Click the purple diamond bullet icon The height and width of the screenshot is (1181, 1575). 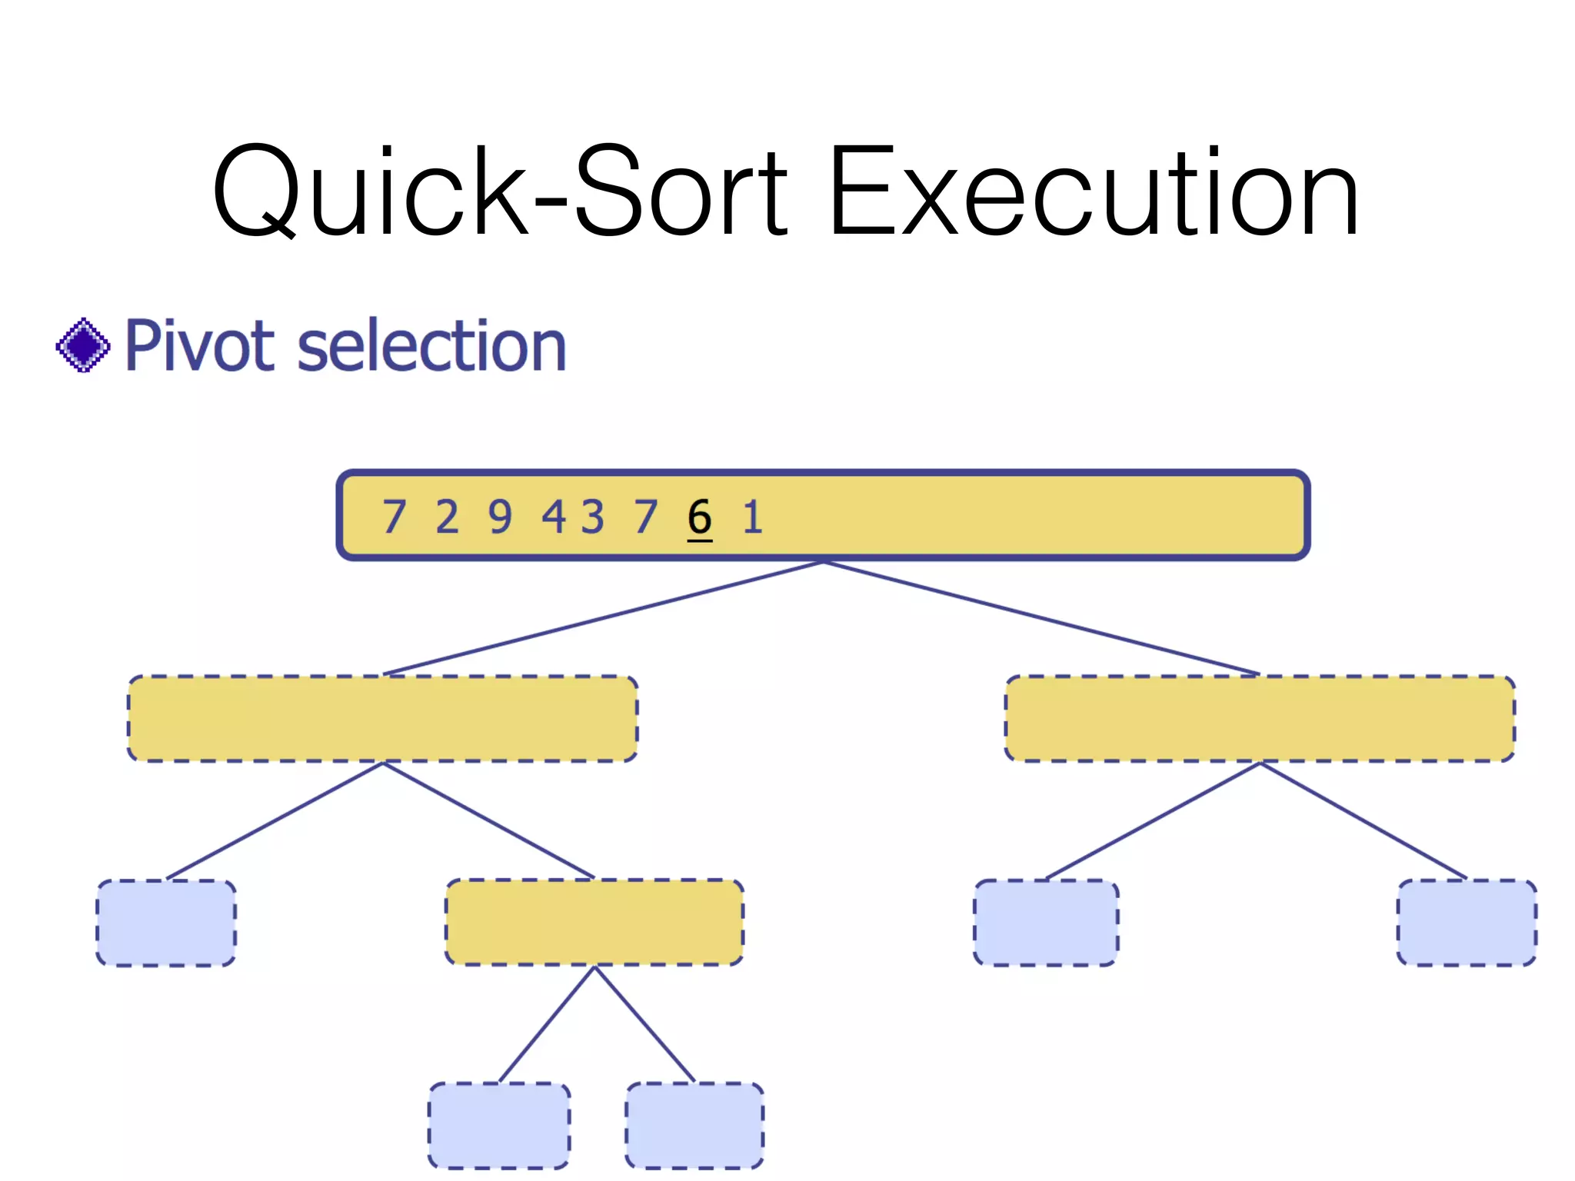tap(83, 345)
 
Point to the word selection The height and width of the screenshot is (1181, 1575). tap(431, 345)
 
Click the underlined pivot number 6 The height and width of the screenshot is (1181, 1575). tap(699, 517)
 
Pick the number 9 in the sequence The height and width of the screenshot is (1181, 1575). tap(500, 517)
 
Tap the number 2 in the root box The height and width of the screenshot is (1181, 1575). tap(447, 517)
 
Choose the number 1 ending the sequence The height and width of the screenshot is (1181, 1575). tap(752, 517)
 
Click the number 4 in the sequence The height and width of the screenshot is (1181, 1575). tap(554, 517)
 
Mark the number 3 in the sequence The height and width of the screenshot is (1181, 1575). tap(592, 517)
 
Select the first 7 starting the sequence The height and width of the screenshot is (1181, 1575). tap(394, 517)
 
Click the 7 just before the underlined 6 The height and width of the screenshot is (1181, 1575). tap(646, 517)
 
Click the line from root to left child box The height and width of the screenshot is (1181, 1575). tap(604, 618)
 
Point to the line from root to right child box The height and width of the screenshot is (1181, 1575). tap(1042, 618)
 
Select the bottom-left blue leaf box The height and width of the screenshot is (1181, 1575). tap(499, 1125)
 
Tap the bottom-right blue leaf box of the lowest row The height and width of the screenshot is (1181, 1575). tap(694, 1125)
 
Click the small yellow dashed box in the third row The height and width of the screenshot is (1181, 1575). tap(594, 922)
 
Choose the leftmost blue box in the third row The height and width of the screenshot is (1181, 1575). tap(166, 923)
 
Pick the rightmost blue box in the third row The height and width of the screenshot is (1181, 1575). tap(1467, 923)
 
